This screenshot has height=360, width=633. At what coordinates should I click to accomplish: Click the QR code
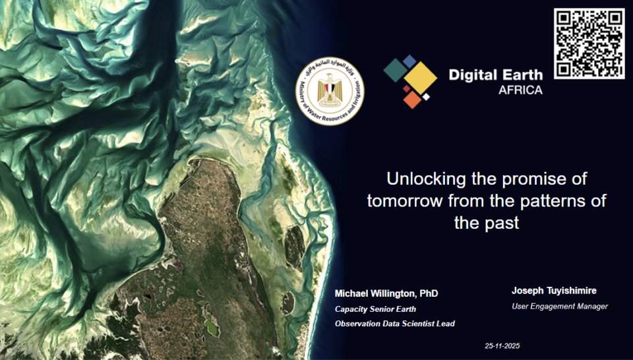pyautogui.click(x=589, y=44)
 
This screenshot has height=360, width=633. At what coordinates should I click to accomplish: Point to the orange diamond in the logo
pyautogui.click(x=412, y=99)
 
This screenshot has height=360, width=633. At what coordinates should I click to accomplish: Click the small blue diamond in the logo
pyautogui.click(x=410, y=61)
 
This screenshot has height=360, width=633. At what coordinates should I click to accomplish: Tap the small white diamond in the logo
pyautogui.click(x=427, y=97)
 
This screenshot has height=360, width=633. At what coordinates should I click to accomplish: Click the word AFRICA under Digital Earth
pyautogui.click(x=520, y=90)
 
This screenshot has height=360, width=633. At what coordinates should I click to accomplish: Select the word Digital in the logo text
pyautogui.click(x=471, y=75)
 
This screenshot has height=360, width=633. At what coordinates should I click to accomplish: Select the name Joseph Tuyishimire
pyautogui.click(x=554, y=291)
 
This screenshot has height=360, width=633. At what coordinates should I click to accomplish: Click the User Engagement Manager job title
pyautogui.click(x=560, y=307)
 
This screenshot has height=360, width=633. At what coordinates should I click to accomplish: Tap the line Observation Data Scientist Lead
pyautogui.click(x=394, y=324)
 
